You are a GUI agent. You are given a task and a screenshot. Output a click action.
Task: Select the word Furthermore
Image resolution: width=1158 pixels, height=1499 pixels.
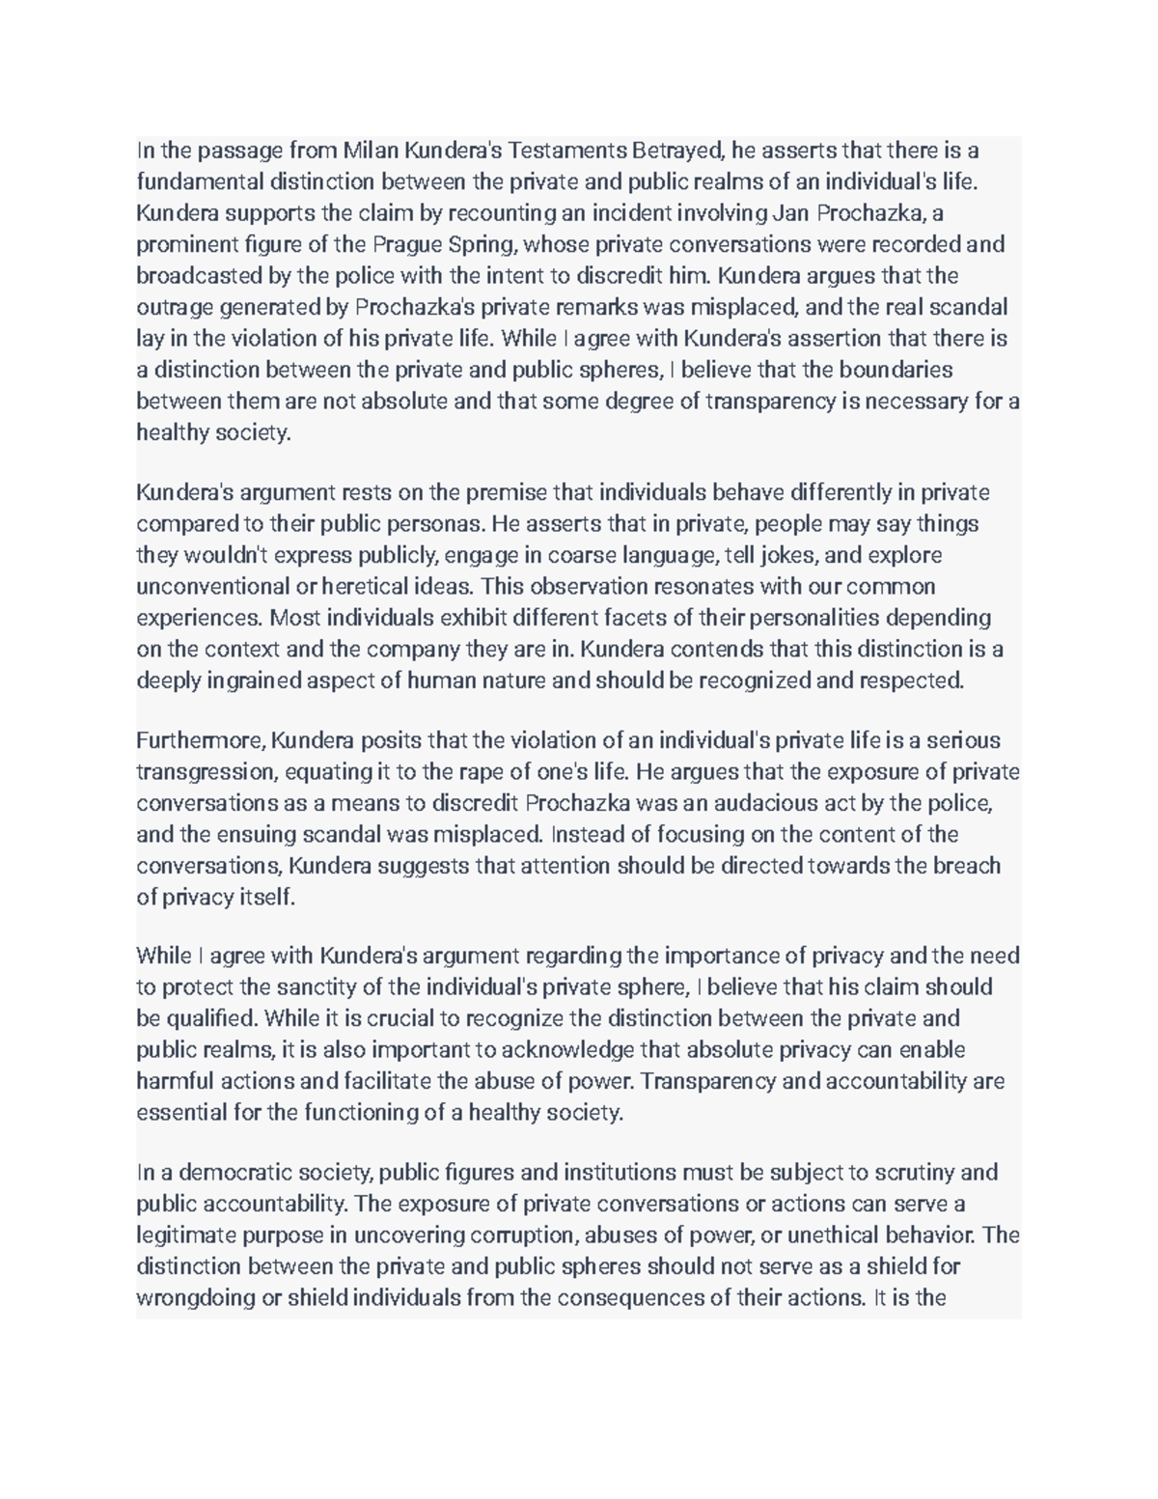click(x=201, y=740)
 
